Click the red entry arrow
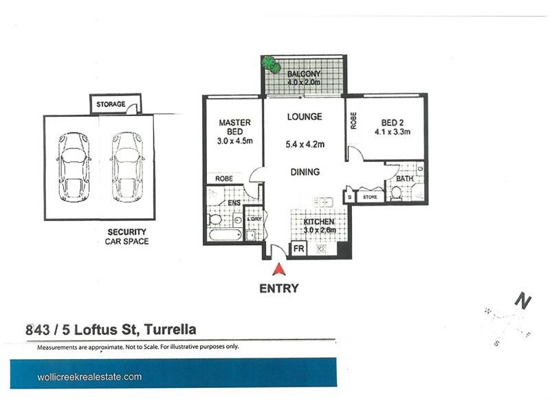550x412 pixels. click(x=279, y=271)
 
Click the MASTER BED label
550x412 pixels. click(x=234, y=127)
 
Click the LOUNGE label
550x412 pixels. click(x=304, y=117)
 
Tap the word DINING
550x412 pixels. click(x=305, y=172)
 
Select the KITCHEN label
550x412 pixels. click(x=319, y=222)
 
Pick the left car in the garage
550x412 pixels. click(x=72, y=167)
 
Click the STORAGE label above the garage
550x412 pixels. click(x=111, y=104)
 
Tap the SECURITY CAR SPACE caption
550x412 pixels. click(x=126, y=237)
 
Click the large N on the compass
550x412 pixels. click(x=524, y=301)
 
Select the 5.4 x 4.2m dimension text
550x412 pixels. click(x=305, y=144)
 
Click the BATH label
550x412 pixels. click(x=403, y=179)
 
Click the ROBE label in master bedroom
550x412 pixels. click(x=224, y=179)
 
